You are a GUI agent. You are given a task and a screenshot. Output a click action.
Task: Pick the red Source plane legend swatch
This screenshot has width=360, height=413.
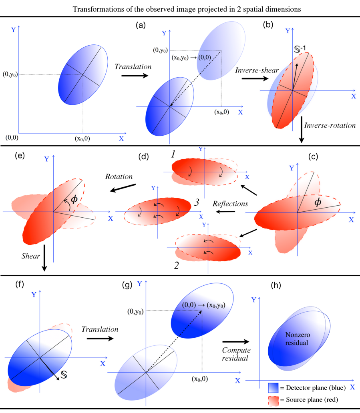pyautogui.click(x=274, y=399)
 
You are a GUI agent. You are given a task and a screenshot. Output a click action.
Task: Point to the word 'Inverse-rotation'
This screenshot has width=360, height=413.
pyautogui.click(x=330, y=125)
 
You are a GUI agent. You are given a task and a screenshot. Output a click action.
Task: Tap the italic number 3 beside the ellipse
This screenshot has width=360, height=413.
pyautogui.click(x=197, y=203)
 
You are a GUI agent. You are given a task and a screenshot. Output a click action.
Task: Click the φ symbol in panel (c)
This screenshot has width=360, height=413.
pyautogui.click(x=318, y=202)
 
